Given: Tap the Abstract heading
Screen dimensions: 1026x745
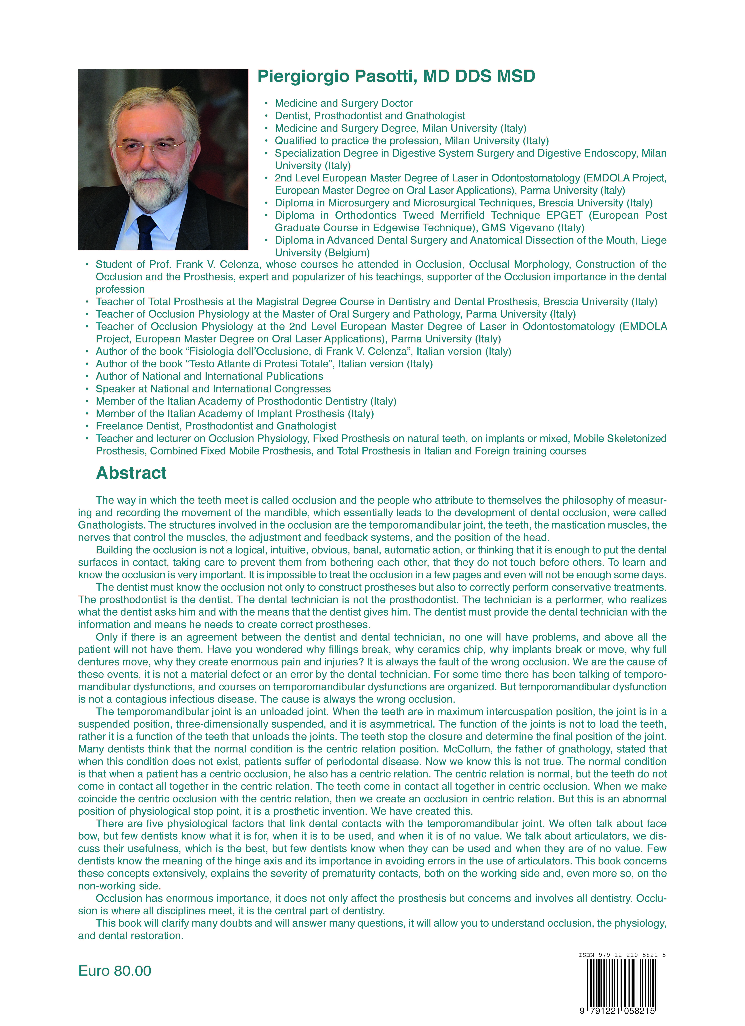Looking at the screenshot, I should (131, 473).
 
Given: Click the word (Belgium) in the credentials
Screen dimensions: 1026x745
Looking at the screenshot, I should (348, 253).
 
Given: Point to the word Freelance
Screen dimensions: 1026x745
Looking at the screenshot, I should (117, 426).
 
